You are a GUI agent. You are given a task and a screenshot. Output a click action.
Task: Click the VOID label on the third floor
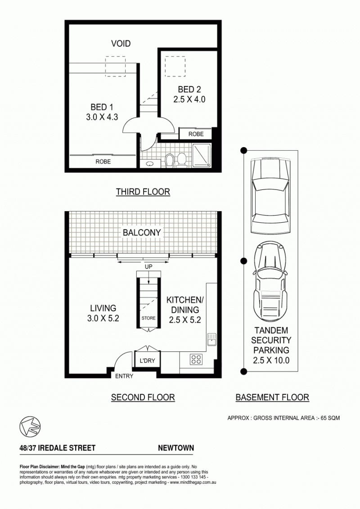click(x=121, y=44)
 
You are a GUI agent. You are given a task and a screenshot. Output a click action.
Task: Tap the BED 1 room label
click(x=102, y=107)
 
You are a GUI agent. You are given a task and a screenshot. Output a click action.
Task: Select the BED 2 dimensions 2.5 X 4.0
click(x=189, y=99)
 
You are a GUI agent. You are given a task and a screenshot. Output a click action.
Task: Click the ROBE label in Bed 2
click(x=196, y=134)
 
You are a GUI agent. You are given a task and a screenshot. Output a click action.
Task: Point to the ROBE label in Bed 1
click(x=103, y=161)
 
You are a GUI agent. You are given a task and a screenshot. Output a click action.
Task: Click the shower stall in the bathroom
click(x=202, y=156)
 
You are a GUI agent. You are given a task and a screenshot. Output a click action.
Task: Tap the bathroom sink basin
click(x=150, y=164)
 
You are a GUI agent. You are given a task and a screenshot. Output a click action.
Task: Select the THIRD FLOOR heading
click(x=143, y=192)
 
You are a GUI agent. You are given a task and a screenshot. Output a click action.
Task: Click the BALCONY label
click(x=142, y=232)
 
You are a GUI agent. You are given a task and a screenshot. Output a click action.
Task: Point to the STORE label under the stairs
click(x=148, y=318)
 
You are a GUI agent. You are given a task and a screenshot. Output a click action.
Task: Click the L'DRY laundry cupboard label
click(x=147, y=360)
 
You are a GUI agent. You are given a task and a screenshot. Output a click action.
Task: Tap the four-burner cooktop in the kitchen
click(x=196, y=359)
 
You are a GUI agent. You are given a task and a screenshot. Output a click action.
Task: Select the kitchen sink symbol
click(x=211, y=339)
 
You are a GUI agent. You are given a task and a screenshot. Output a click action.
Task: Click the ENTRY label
click(x=124, y=376)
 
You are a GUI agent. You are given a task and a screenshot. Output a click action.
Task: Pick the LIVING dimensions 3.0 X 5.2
click(x=103, y=318)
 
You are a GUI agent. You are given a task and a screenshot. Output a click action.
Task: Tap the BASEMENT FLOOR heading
click(x=272, y=397)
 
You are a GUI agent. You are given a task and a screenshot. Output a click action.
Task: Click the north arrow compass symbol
click(x=30, y=426)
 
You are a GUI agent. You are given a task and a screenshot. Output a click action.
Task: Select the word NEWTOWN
click(x=175, y=448)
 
